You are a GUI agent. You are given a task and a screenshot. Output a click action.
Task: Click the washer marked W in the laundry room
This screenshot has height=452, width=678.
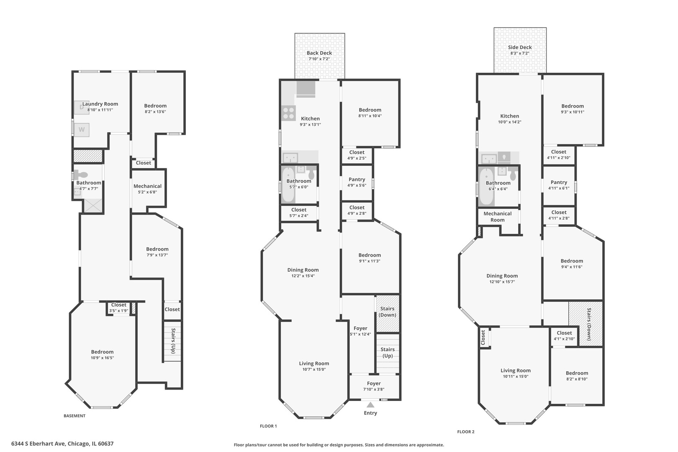82,130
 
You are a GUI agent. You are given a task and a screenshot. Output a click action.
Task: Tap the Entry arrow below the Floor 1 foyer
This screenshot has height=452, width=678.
370,405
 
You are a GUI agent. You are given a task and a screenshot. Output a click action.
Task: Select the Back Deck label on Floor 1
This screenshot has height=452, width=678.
319,53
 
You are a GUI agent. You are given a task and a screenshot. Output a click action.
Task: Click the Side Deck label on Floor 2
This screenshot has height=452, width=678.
520,47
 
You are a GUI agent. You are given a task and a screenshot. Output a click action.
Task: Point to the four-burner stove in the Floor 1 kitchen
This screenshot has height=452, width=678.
288,113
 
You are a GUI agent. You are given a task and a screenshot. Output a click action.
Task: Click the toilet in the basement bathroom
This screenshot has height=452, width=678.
81,175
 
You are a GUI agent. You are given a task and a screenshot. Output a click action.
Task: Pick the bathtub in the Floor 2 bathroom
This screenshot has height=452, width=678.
486,187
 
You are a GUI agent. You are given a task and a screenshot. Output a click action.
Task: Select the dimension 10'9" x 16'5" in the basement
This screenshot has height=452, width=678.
102,358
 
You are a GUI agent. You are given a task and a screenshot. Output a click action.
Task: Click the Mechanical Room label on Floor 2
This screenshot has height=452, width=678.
497,217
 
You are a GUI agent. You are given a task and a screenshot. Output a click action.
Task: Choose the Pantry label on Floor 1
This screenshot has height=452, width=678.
357,180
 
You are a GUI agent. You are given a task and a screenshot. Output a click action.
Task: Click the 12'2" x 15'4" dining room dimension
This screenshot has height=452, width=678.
303,276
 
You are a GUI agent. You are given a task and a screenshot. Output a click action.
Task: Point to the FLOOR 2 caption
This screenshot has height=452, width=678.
466,432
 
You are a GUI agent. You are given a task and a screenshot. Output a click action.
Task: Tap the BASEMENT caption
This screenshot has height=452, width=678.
74,416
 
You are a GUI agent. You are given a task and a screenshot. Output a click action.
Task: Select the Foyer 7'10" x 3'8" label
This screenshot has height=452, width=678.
374,386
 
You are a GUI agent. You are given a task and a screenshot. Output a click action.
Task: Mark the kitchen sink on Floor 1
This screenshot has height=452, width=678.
290,158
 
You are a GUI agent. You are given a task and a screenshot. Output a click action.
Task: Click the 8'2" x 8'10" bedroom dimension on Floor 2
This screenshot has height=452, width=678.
577,379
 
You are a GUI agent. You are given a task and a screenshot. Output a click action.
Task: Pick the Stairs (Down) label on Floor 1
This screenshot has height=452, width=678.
388,311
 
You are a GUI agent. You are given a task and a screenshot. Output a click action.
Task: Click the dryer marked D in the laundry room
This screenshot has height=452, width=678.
82,107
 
